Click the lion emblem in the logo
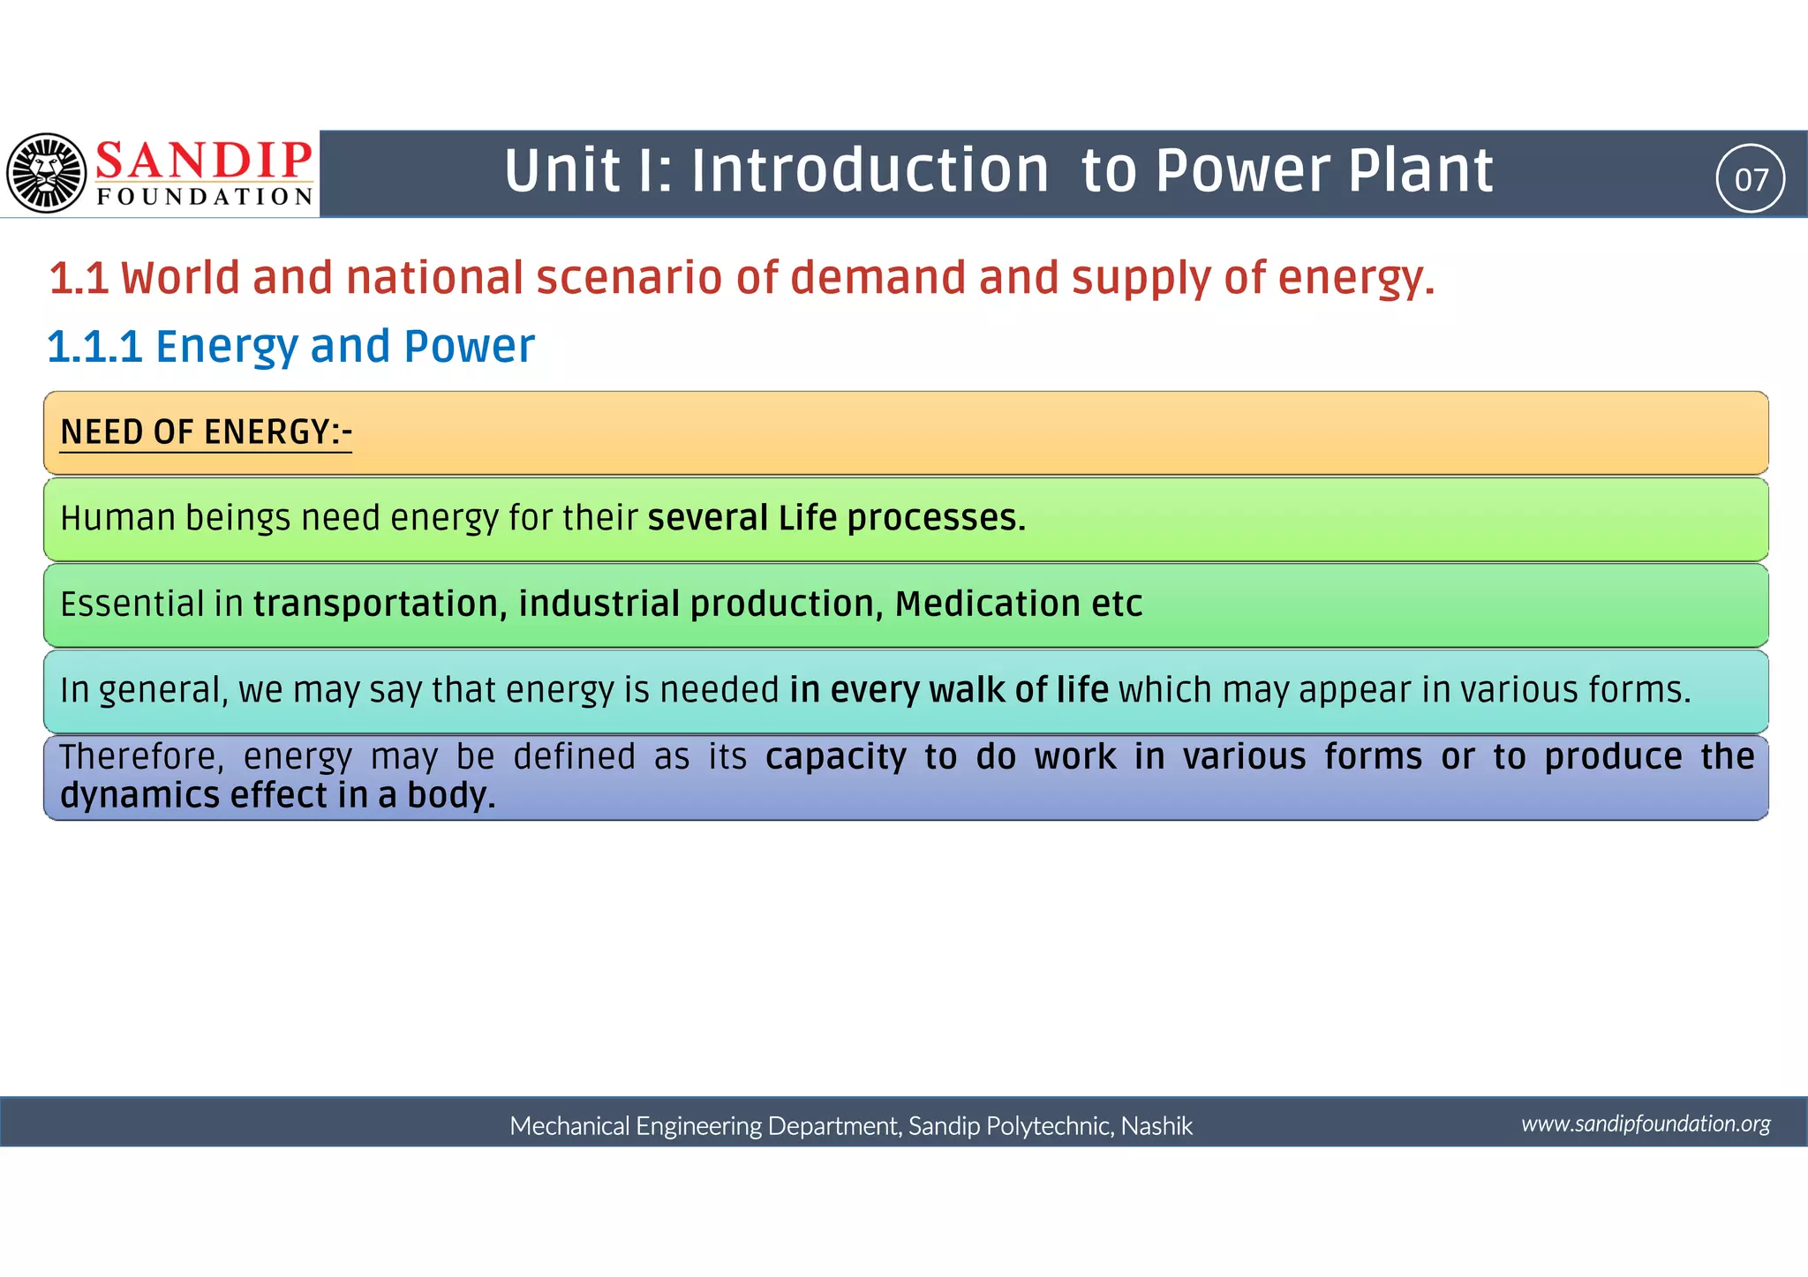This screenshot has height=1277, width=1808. (46, 173)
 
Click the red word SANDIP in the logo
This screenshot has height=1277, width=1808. (204, 161)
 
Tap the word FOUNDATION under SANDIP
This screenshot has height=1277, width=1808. (204, 196)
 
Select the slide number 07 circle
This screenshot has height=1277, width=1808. (1751, 179)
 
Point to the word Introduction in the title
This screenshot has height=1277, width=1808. (870, 170)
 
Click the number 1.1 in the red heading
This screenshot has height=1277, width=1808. (79, 278)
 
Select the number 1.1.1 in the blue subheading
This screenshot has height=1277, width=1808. (94, 346)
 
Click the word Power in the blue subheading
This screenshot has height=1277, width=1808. (469, 346)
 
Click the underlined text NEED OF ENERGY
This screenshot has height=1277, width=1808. (206, 432)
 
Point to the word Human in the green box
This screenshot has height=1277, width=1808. (117, 518)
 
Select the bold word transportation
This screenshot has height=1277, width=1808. (380, 604)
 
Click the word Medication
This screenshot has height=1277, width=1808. (987, 604)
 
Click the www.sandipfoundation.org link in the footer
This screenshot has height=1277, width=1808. (1646, 1123)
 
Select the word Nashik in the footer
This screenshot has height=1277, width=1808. (1156, 1126)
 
